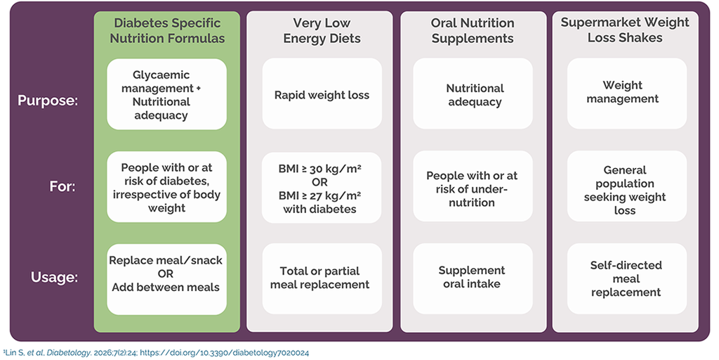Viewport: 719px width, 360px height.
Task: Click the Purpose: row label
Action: (48, 101)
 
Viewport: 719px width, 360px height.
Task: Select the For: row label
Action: (62, 188)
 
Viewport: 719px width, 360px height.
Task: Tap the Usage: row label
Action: (53, 277)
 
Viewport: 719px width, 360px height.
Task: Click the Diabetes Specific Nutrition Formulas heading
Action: (167, 30)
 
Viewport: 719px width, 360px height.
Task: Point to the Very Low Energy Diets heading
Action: (322, 30)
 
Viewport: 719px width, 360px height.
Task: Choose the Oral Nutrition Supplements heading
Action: (473, 30)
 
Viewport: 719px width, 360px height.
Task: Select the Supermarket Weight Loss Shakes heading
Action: (625, 30)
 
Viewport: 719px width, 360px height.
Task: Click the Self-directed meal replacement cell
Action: (627, 278)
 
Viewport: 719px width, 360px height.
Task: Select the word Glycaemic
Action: (155, 75)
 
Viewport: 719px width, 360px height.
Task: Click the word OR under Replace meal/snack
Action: (166, 274)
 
